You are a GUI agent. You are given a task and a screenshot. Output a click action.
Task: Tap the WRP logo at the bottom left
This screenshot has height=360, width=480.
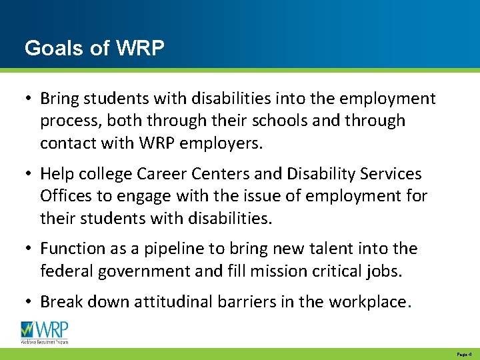[x=45, y=331]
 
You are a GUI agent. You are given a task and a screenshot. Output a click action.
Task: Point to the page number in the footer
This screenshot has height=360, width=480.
[x=464, y=354]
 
